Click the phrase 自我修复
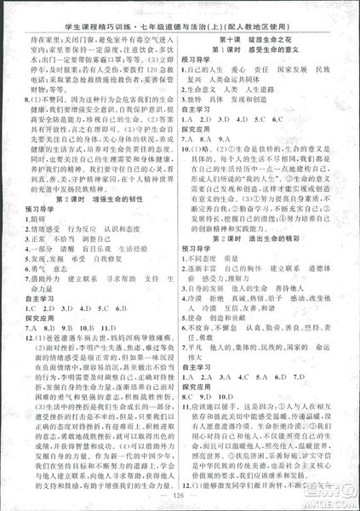(x=119, y=264)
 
